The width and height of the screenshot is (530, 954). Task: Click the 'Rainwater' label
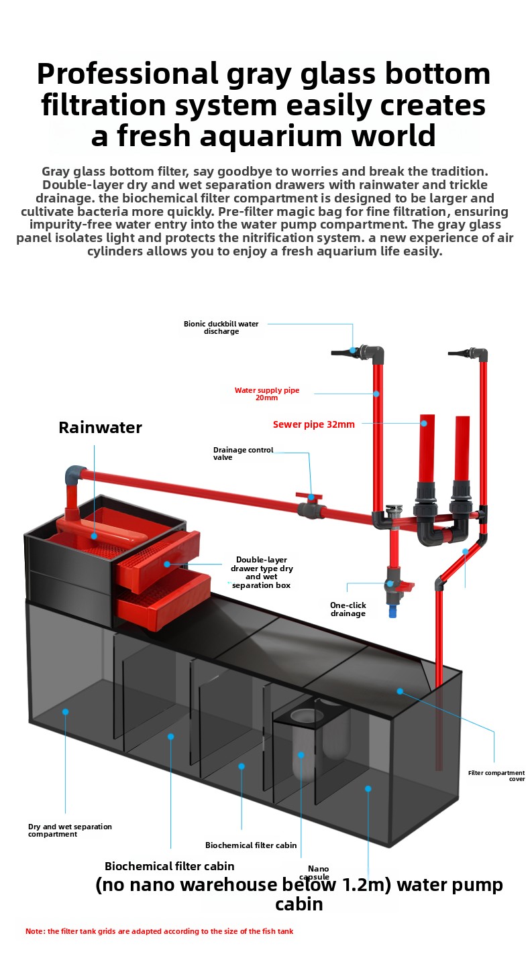click(x=100, y=428)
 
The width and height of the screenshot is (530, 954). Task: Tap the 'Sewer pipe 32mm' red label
click(x=313, y=424)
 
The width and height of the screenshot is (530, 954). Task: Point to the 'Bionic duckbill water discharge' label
click(x=221, y=327)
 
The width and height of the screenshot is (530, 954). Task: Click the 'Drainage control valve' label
click(x=243, y=453)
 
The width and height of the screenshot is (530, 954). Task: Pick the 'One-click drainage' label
click(x=348, y=609)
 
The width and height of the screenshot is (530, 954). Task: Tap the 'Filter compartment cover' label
click(x=496, y=776)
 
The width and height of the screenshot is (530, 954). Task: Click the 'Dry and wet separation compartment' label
click(x=70, y=830)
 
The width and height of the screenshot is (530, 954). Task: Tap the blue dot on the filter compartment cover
click(x=400, y=691)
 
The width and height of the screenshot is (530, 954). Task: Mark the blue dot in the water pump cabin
click(x=368, y=788)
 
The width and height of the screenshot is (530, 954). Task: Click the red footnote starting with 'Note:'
click(x=159, y=931)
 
